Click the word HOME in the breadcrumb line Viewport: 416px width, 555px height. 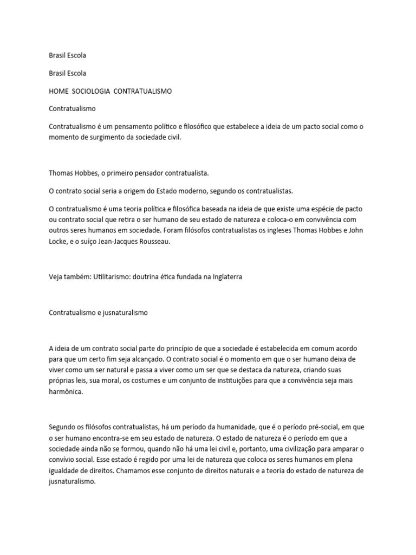click(x=58, y=91)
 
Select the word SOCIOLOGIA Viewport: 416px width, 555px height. click(x=91, y=91)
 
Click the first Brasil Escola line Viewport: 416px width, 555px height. click(x=68, y=55)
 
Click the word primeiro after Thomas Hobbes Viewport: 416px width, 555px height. click(x=116, y=173)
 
